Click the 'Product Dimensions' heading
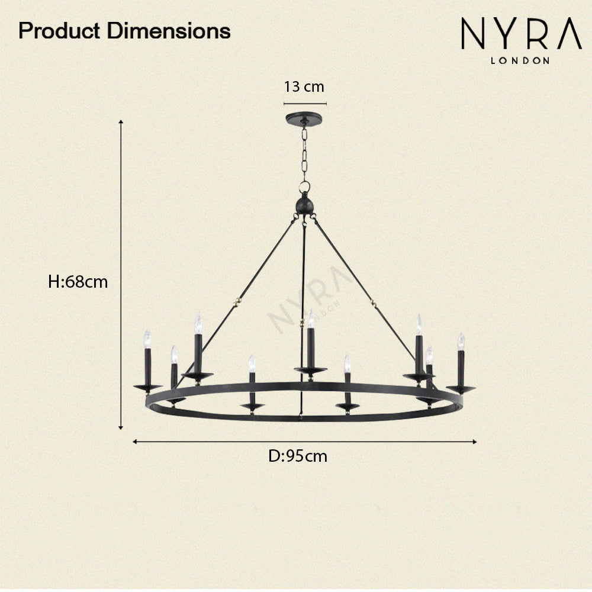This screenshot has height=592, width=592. [124, 31]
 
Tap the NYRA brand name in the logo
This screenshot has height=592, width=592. [521, 35]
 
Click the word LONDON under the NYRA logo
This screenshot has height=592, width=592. [520, 60]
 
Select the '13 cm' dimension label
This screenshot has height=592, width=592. [304, 87]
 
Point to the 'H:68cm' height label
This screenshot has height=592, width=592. [78, 282]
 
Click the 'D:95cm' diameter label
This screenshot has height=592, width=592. [298, 456]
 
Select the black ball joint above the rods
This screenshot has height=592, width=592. [304, 206]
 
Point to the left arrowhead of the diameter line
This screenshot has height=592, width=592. [136, 441]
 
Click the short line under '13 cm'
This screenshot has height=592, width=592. [304, 103]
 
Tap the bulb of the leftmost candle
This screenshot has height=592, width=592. [147, 339]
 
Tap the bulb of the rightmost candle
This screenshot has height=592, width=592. [461, 341]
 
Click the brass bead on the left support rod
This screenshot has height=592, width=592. [238, 301]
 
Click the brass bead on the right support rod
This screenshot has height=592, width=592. [374, 304]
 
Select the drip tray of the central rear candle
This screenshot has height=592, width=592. [310, 371]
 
